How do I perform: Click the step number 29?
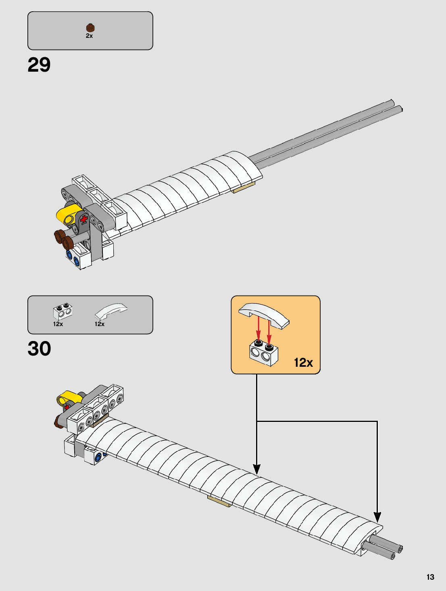click(x=39, y=65)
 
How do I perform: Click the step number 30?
click(x=39, y=349)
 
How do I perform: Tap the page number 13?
click(x=430, y=577)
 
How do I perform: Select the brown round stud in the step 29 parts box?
click(x=90, y=27)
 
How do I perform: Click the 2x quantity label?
click(x=89, y=36)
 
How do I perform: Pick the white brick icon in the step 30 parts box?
click(x=63, y=312)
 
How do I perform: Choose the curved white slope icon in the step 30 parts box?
click(x=111, y=311)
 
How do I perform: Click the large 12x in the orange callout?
click(x=303, y=362)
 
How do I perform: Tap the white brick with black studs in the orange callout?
click(x=264, y=353)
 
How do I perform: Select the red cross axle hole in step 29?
click(x=84, y=219)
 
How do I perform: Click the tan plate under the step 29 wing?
click(x=243, y=187)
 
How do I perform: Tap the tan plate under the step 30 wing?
click(x=219, y=501)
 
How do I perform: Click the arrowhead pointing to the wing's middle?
click(x=256, y=469)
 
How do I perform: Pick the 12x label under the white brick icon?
click(x=58, y=324)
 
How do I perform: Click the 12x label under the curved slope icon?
click(x=100, y=324)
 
